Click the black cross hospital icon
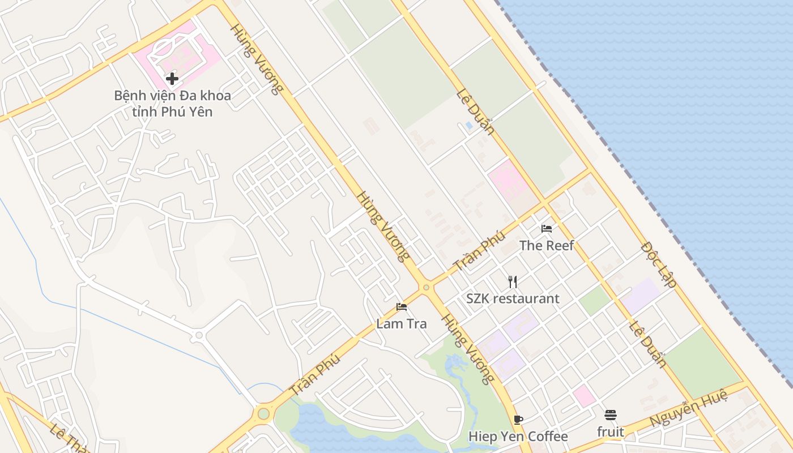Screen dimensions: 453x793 [173, 79]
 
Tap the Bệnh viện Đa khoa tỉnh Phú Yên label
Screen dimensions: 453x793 [173, 103]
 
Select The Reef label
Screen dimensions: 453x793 [547, 245]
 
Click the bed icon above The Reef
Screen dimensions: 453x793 [547, 229]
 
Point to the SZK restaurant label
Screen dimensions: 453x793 [513, 298]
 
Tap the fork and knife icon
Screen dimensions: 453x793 [513, 281]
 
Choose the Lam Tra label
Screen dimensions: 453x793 [402, 324]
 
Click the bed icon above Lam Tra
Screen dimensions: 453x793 [402, 307]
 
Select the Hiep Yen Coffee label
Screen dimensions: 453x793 [518, 437]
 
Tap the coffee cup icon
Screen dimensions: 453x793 [518, 420]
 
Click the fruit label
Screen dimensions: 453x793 [611, 432]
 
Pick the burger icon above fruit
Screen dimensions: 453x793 [611, 415]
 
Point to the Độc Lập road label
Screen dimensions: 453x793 [659, 265]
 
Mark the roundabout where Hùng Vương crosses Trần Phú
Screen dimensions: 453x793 [426, 287]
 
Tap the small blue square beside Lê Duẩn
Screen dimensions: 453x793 [468, 125]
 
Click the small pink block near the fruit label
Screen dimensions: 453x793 [584, 396]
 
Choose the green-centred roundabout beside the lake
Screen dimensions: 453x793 [263, 413]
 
